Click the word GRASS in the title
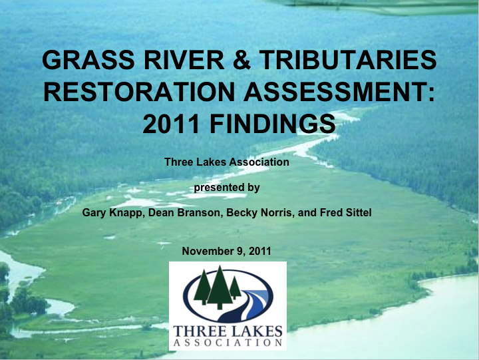[88, 59]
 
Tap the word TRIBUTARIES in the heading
[348, 59]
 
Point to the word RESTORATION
[139, 91]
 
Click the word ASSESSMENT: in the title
[339, 91]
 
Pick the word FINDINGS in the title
[273, 123]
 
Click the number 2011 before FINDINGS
[171, 123]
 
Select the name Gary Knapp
[112, 213]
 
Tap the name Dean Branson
[184, 212]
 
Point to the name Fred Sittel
[345, 212]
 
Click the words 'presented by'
[227, 188]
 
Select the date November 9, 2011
[226, 252]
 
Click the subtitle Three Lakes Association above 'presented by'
[227, 162]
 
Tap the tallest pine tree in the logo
[220, 287]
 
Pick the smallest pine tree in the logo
[235, 287]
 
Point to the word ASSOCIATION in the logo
[228, 343]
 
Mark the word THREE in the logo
[199, 331]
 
